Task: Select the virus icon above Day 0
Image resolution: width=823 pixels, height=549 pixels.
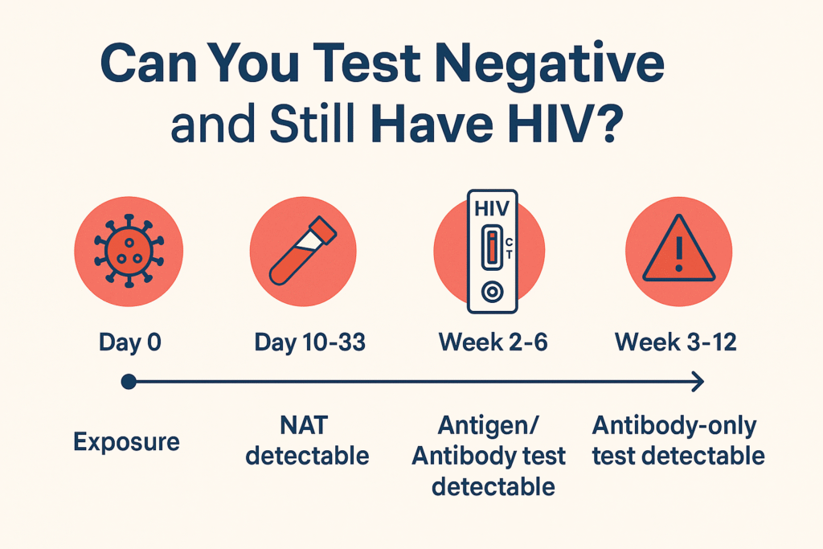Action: point(129,251)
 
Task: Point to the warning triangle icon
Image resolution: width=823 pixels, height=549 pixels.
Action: point(678,248)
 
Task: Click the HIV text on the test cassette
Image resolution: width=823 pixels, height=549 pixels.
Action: point(492,209)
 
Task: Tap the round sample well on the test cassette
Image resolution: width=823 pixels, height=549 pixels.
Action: point(493,292)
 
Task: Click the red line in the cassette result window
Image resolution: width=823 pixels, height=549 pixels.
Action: point(492,248)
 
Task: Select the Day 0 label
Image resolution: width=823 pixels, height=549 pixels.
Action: point(130,342)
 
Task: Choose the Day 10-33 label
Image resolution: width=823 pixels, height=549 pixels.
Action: point(309,342)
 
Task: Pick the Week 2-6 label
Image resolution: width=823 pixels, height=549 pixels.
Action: point(493,342)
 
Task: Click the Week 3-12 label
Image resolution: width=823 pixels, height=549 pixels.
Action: point(675,342)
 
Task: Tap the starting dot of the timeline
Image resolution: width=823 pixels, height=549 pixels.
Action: point(129,382)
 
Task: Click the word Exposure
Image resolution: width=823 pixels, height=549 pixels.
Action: point(126,442)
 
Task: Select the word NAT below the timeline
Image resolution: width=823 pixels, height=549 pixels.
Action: point(305,425)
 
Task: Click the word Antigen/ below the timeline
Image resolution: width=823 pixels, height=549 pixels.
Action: point(488,426)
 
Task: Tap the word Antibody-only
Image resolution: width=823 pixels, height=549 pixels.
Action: point(674,426)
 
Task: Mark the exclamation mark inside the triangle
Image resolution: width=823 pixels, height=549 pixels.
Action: point(679,254)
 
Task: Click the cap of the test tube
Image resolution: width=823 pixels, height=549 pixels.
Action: point(323,229)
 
